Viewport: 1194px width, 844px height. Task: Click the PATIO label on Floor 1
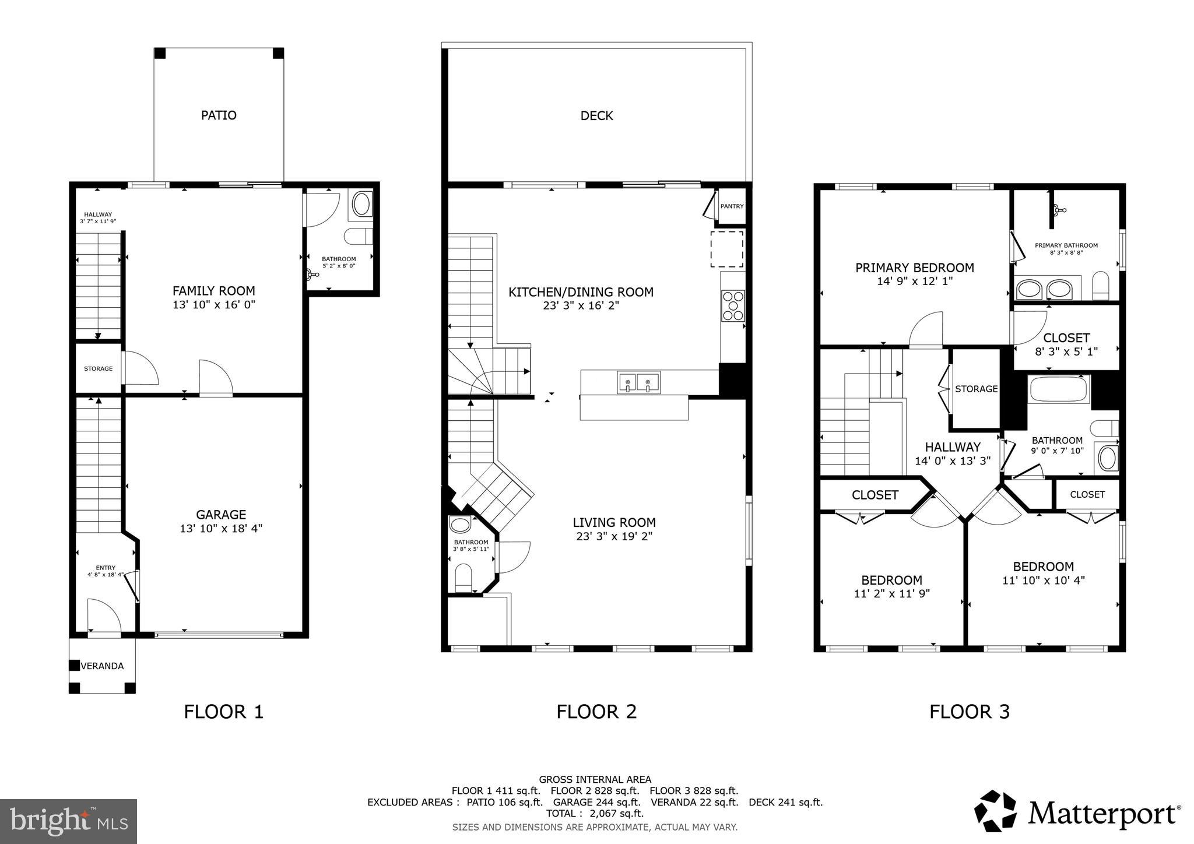[x=219, y=115]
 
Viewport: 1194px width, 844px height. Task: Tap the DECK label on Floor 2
[x=596, y=116]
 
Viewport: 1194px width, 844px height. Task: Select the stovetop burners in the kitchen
[x=733, y=305]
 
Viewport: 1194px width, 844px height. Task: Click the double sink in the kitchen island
[x=638, y=383]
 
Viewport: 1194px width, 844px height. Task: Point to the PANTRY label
[x=732, y=206]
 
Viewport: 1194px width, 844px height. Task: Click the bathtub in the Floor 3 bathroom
[x=1059, y=389]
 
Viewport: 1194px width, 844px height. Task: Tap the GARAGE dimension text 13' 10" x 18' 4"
[x=221, y=529]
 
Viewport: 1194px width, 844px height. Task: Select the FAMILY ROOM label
[x=213, y=291]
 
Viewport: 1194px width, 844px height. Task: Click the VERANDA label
[x=102, y=666]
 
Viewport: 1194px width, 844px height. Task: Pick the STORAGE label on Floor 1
[x=98, y=369]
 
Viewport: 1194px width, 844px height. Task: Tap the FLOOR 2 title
[x=596, y=712]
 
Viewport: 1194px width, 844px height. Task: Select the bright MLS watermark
[x=69, y=821]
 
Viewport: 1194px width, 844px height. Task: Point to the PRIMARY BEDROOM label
[x=914, y=268]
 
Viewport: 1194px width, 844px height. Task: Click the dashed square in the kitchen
[x=726, y=249]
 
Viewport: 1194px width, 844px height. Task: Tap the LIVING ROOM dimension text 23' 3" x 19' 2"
[x=614, y=536]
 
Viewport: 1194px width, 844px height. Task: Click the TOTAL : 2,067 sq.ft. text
[x=595, y=813]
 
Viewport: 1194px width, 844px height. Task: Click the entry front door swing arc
[x=103, y=614]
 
